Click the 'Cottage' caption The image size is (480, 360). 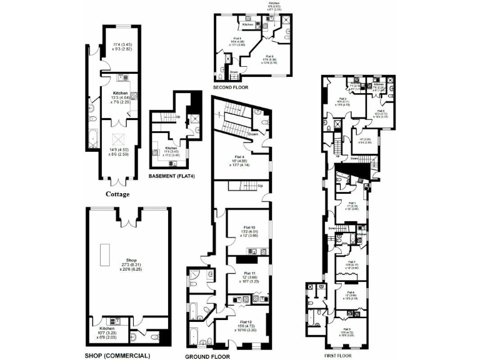click(117, 194)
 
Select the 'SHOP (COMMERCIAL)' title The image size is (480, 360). click(117, 356)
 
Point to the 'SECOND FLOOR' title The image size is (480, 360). click(231, 87)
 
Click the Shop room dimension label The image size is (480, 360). click(131, 266)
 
